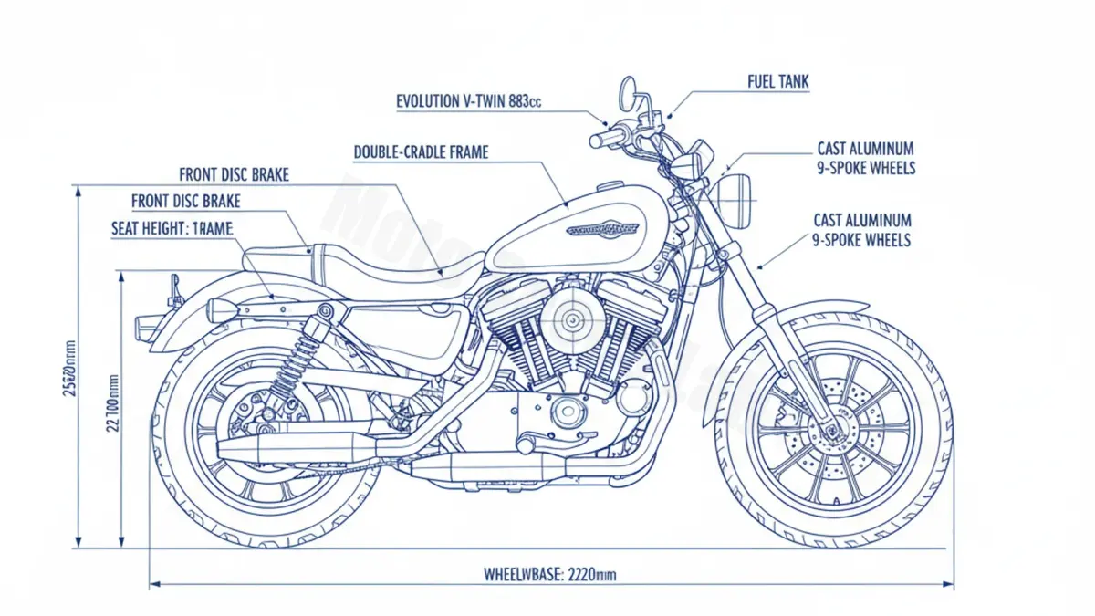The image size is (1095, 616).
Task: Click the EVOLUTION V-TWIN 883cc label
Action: pos(469,102)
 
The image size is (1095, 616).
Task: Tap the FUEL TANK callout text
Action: pos(777,83)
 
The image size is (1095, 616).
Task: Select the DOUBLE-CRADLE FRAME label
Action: pos(421,152)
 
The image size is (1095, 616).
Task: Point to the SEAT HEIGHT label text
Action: pos(172,230)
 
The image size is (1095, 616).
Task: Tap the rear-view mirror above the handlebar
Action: pos(628,89)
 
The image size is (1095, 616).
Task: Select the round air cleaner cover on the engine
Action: pos(573,319)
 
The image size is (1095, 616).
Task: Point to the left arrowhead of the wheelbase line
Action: pos(153,583)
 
